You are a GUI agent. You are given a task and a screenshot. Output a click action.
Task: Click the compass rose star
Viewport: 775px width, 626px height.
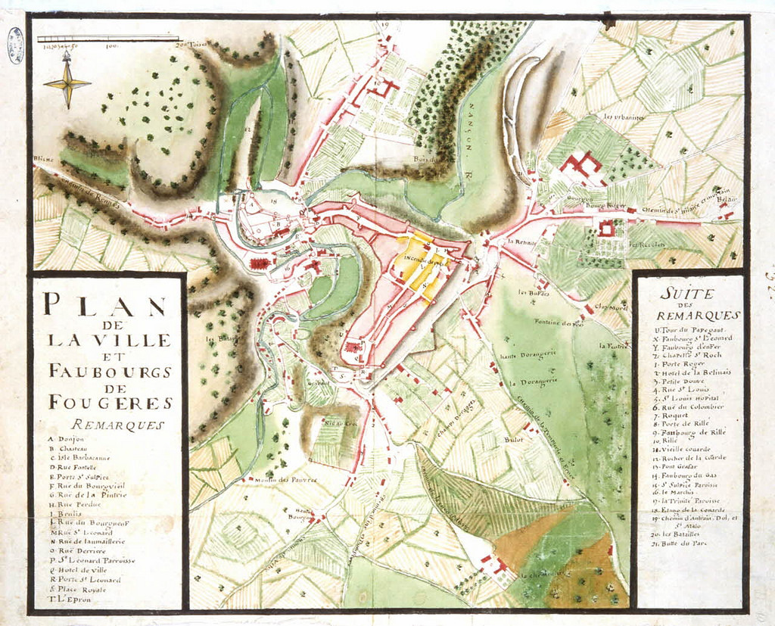[x=67, y=83]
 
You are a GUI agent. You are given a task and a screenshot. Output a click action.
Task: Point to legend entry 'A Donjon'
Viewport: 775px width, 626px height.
[x=67, y=439]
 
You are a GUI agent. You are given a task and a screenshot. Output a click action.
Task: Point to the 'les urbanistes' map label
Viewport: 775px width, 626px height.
[x=624, y=117]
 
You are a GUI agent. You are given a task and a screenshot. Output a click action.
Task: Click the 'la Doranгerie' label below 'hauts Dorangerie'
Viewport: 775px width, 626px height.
[x=528, y=383]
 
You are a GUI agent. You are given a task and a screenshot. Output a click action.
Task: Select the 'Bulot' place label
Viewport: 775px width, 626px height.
[x=514, y=438]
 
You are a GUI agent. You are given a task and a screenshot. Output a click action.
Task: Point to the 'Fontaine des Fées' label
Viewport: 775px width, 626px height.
[x=557, y=323]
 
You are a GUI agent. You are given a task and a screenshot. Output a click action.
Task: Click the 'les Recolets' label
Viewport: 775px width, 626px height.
[x=642, y=244]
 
